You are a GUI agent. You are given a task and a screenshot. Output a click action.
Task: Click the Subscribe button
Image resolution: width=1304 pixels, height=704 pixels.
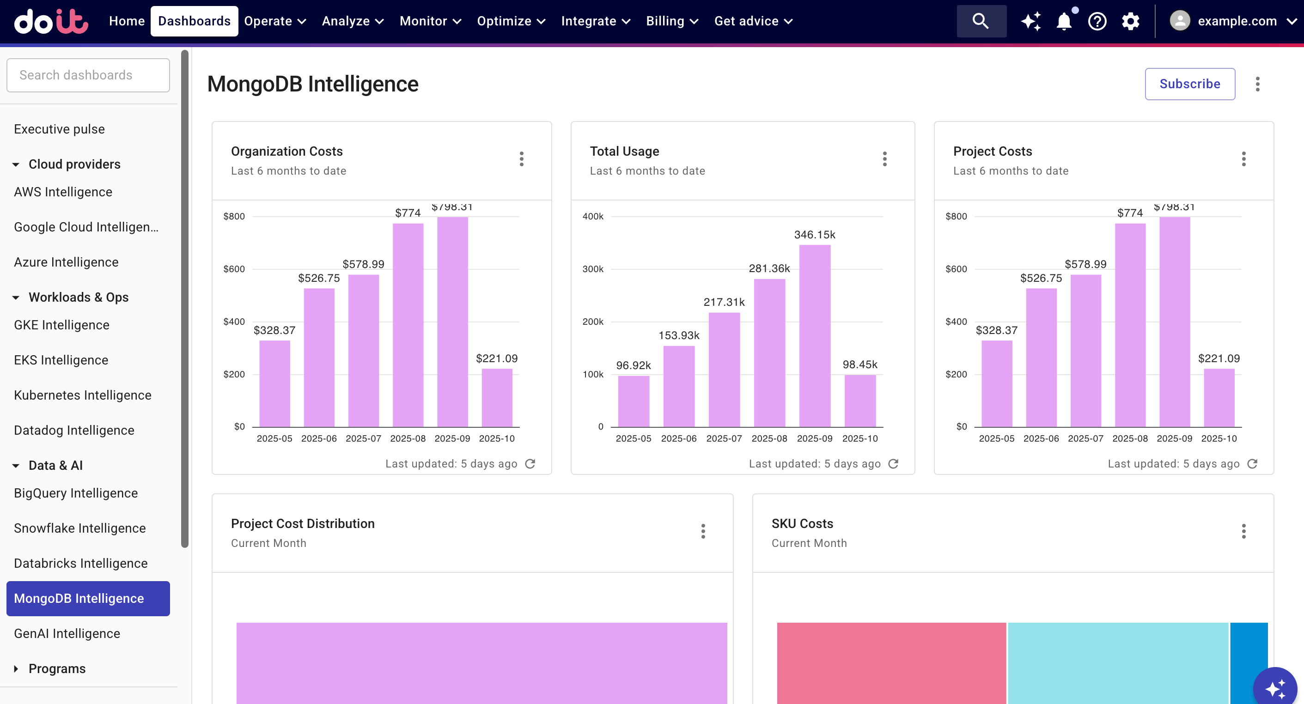[x=1189, y=84]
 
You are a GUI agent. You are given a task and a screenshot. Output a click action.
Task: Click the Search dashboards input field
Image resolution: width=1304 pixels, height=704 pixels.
[x=88, y=75]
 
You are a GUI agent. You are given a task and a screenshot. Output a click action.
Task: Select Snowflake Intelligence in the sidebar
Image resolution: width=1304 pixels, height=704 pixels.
[x=80, y=528]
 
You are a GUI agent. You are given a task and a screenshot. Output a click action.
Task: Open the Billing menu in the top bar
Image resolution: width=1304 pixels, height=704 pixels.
[x=672, y=21]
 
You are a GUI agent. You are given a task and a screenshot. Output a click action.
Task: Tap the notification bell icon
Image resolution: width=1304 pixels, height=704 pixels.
[x=1064, y=21]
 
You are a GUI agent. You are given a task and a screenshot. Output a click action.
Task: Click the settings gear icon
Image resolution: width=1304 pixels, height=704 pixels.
[x=1130, y=21]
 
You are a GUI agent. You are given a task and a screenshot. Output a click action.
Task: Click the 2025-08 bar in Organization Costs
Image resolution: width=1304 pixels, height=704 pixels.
[x=408, y=325]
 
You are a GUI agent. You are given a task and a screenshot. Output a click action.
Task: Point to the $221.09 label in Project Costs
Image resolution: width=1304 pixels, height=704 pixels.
[x=1219, y=358]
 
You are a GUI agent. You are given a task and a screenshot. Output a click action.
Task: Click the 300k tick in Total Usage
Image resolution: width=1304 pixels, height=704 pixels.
[x=593, y=269]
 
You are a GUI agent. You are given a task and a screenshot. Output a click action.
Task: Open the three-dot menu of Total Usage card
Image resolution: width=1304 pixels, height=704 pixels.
[x=884, y=159]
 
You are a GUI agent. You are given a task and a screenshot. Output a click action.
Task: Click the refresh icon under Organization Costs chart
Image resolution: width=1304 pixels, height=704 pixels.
[x=530, y=464]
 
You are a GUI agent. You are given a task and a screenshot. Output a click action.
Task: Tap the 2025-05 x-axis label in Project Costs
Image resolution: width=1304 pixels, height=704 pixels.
[x=996, y=438]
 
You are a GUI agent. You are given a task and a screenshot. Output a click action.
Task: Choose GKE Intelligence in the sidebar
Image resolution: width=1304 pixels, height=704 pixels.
[x=62, y=325]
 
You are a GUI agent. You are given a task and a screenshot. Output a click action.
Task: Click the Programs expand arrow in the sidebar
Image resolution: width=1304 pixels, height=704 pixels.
[x=16, y=668]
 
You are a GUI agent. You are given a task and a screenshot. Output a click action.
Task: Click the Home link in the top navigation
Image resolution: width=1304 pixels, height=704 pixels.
[x=127, y=21]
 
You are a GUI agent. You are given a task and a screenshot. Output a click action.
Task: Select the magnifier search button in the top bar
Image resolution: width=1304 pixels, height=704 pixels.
[x=981, y=21]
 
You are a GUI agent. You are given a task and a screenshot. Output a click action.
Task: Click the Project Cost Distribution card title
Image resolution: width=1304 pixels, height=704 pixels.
[x=303, y=523]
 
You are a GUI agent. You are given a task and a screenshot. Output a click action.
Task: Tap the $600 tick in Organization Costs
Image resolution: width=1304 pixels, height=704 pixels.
[x=234, y=269]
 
